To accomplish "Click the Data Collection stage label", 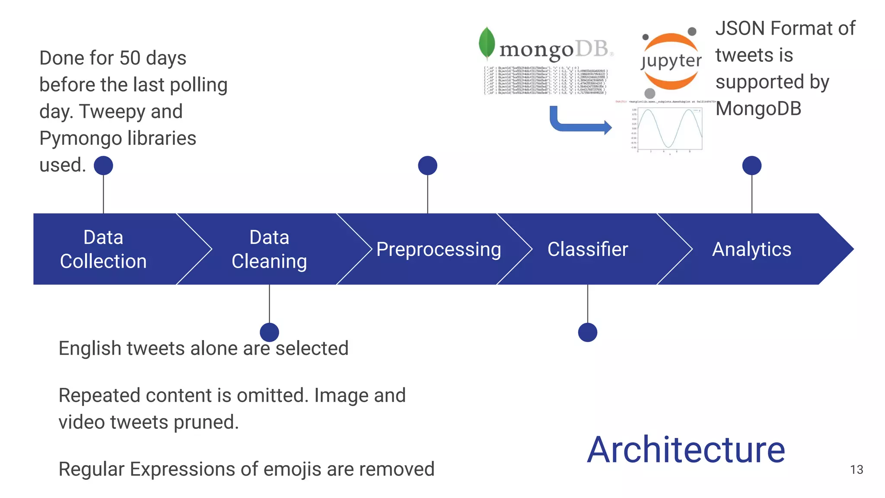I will point(103,249).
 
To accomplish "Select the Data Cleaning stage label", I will point(269,249).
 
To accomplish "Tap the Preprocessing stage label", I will point(439,249).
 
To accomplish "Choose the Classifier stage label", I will point(588,249).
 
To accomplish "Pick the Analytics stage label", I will point(751,249).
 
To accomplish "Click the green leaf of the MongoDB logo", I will point(487,43).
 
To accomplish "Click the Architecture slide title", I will point(686,450).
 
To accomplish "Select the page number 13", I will point(856,469).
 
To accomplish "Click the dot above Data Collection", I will point(103,166).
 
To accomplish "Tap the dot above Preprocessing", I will point(427,166).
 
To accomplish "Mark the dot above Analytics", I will point(751,166).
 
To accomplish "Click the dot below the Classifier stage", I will point(588,332).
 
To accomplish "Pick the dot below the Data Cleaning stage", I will point(269,332).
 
